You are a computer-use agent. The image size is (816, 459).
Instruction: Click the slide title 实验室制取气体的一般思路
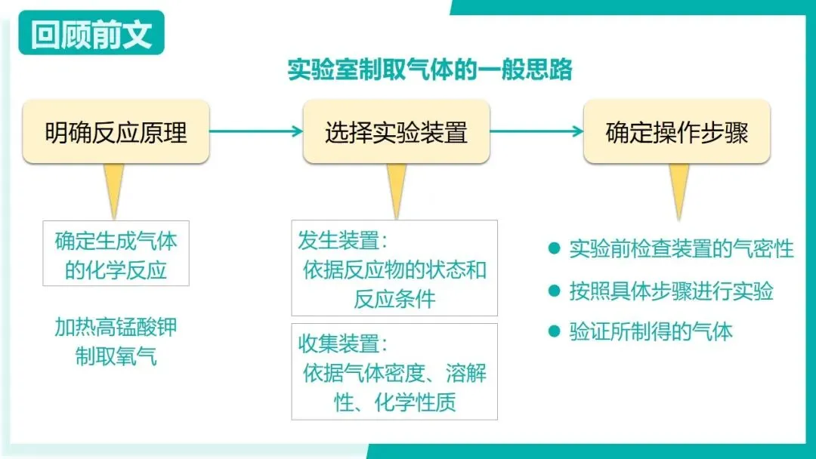tap(430, 69)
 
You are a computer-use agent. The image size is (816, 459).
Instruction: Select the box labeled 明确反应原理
tap(116, 133)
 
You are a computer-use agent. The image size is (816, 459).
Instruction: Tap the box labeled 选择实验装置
tap(396, 133)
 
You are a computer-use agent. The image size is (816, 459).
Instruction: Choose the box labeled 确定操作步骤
tap(676, 133)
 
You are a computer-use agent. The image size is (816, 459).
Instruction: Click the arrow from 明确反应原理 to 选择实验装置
tap(255, 131)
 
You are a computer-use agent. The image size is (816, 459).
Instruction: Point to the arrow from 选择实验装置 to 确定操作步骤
tap(536, 131)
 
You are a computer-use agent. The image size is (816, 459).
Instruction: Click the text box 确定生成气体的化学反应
tap(116, 255)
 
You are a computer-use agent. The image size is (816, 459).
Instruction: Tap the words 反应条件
tap(394, 298)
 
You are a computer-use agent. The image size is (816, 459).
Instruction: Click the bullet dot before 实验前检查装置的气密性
tap(554, 248)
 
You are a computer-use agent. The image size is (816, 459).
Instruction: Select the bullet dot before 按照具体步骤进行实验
tap(554, 290)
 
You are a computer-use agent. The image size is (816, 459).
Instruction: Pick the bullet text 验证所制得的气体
tap(651, 331)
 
